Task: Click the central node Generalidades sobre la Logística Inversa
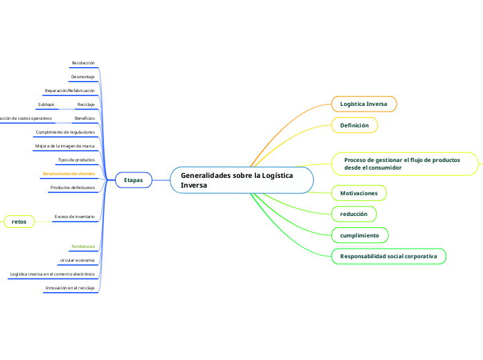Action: tap(241, 180)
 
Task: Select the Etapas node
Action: tap(133, 180)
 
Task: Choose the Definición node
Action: tap(354, 125)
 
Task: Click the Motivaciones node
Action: tap(358, 192)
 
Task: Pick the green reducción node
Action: tap(353, 214)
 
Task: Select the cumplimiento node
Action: tap(359, 235)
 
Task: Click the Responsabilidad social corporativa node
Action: tap(388, 257)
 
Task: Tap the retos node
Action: tap(19, 221)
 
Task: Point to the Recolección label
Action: tap(83, 63)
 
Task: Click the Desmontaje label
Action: tap(82, 76)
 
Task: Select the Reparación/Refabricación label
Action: tap(69, 91)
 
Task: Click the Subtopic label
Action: tap(46, 105)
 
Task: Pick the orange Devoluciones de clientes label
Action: tap(69, 173)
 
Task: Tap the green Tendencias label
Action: tap(82, 246)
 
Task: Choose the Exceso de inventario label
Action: tap(74, 217)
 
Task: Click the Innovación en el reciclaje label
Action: tap(70, 287)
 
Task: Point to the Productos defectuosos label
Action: tap(72, 188)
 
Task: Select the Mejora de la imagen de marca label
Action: tap(64, 146)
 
